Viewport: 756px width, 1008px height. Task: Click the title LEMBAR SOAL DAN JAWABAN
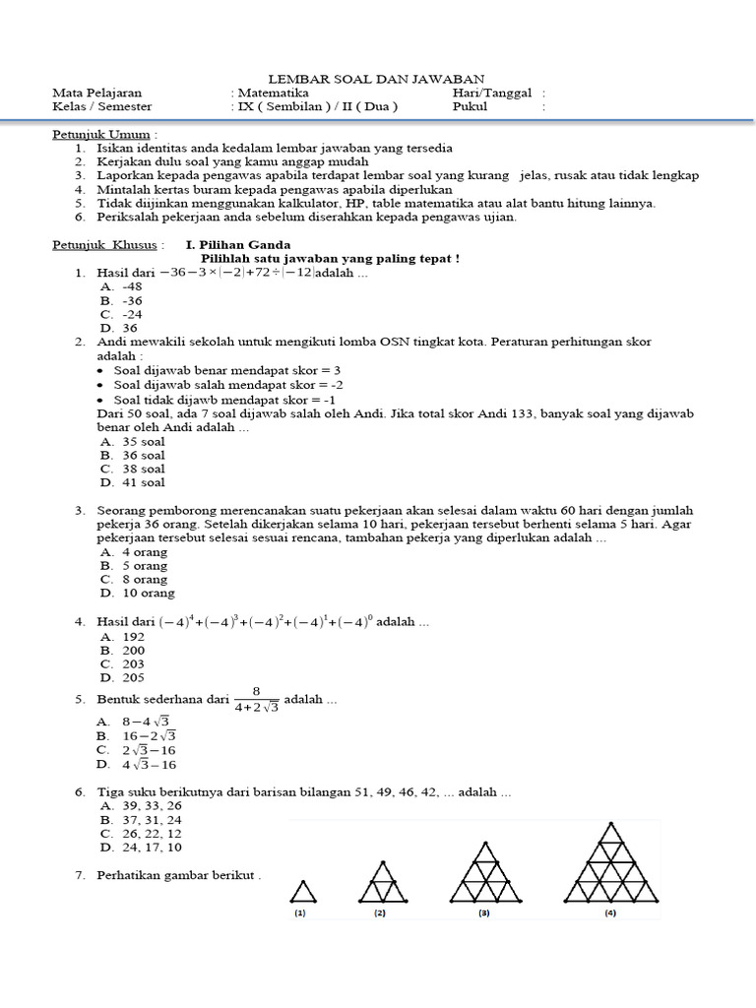pyautogui.click(x=377, y=79)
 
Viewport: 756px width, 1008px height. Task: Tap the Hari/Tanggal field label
pyautogui.click(x=492, y=93)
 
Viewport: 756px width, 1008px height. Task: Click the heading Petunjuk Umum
pyautogui.click(x=103, y=134)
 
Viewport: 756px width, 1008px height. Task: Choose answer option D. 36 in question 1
pyautogui.click(x=118, y=328)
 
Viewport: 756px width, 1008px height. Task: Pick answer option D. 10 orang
pyautogui.click(x=137, y=593)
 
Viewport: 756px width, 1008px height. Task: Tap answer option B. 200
pyautogui.click(x=122, y=650)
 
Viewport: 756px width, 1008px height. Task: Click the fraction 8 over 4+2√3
pyautogui.click(x=255, y=700)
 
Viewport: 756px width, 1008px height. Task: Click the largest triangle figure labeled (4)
pyautogui.click(x=611, y=862)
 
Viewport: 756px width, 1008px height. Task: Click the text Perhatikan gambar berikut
pyautogui.click(x=178, y=875)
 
